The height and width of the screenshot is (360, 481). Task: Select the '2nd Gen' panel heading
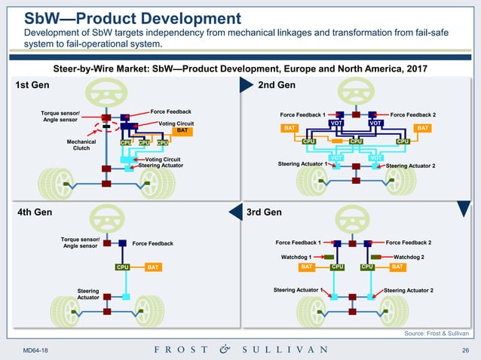point(276,85)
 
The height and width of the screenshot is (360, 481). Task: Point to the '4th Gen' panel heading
point(34,212)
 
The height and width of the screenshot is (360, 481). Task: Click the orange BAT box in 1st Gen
point(180,130)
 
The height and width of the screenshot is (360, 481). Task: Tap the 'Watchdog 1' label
point(297,257)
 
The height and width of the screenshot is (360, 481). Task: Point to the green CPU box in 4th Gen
point(123,267)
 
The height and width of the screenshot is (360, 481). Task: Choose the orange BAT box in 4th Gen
point(152,267)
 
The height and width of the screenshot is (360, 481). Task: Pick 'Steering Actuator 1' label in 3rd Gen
point(299,290)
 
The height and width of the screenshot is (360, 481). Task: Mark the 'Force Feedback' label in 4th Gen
point(152,243)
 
